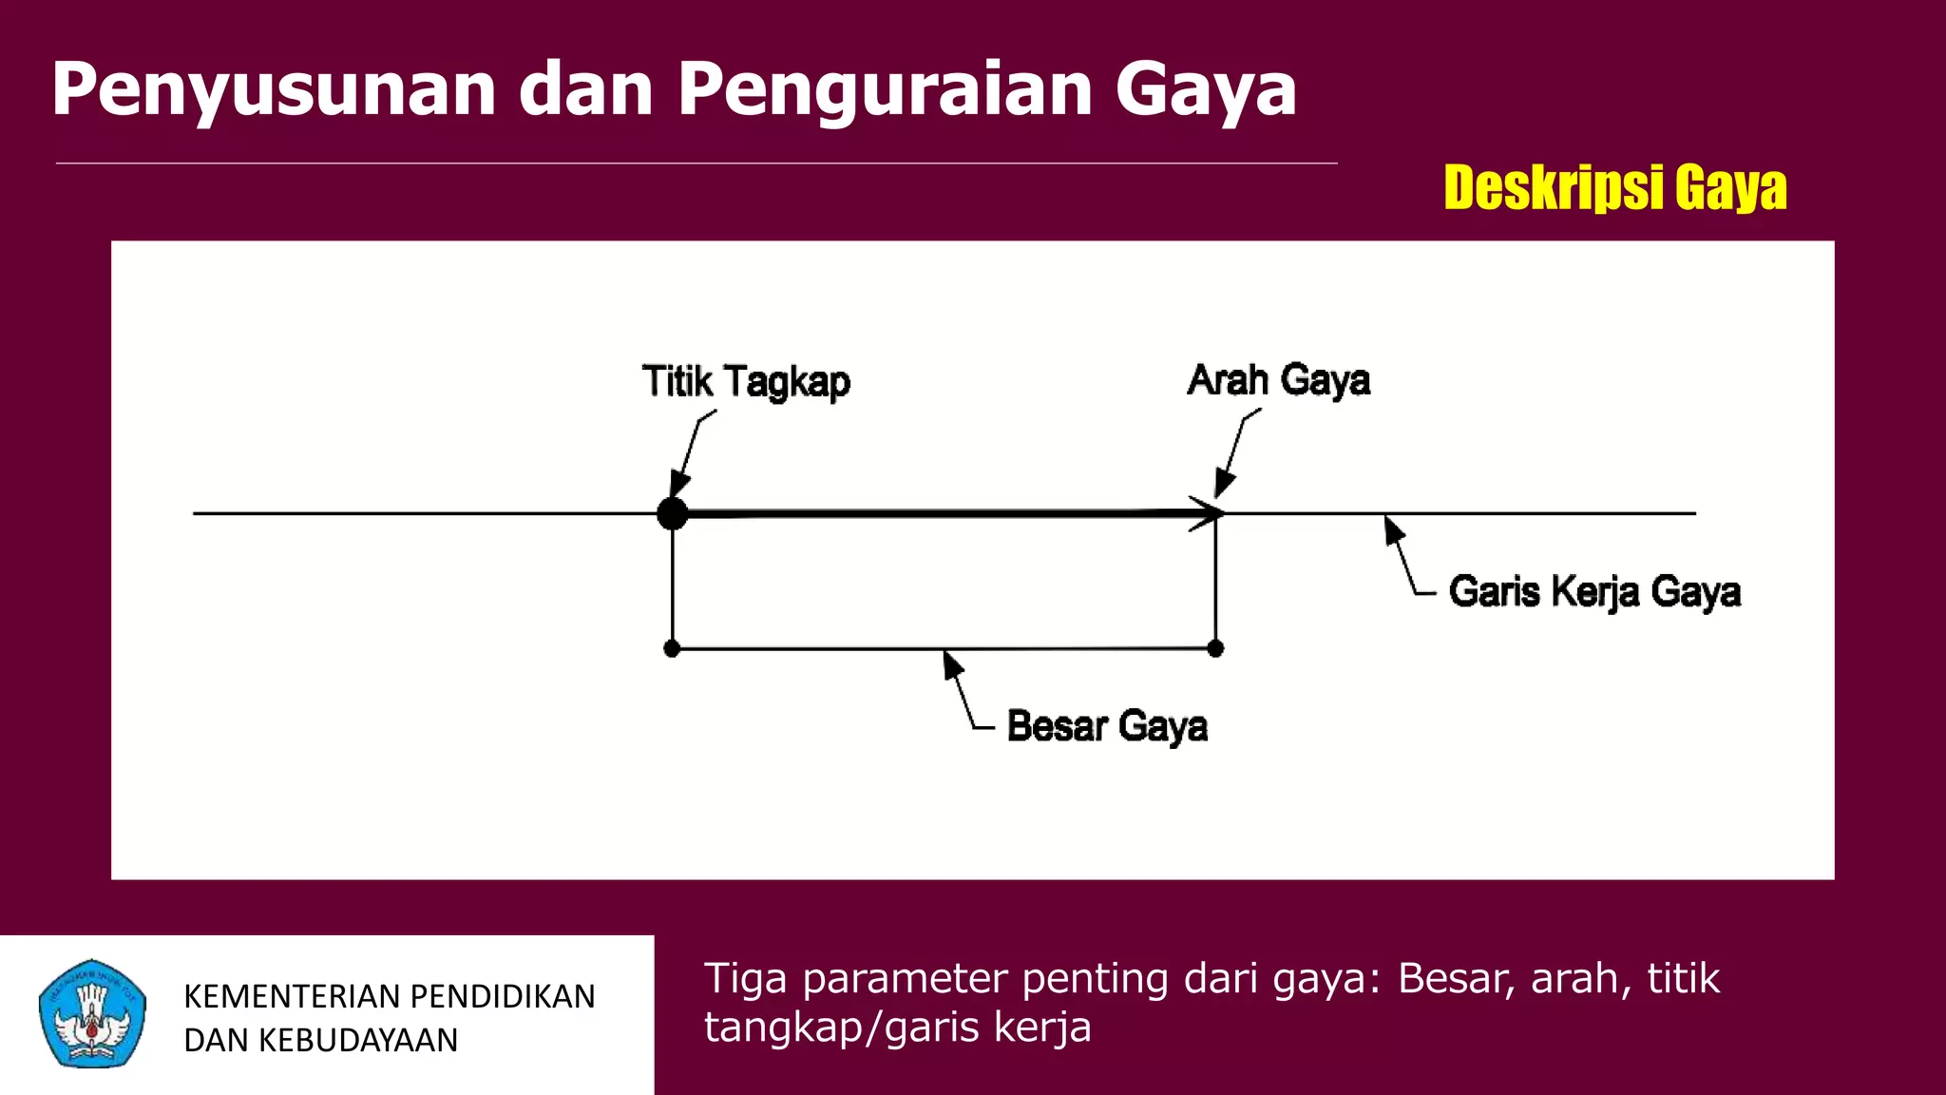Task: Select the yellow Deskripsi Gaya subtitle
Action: click(1614, 187)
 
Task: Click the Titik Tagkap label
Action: click(746, 382)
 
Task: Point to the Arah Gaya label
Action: click(1279, 380)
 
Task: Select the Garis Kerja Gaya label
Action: click(1594, 591)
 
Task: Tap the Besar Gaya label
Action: click(1107, 726)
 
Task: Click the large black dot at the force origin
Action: click(672, 513)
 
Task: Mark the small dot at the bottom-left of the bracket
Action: click(672, 649)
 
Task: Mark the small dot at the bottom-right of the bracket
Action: click(1215, 649)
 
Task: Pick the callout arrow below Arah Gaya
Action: click(1234, 454)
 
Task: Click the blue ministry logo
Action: click(92, 1013)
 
